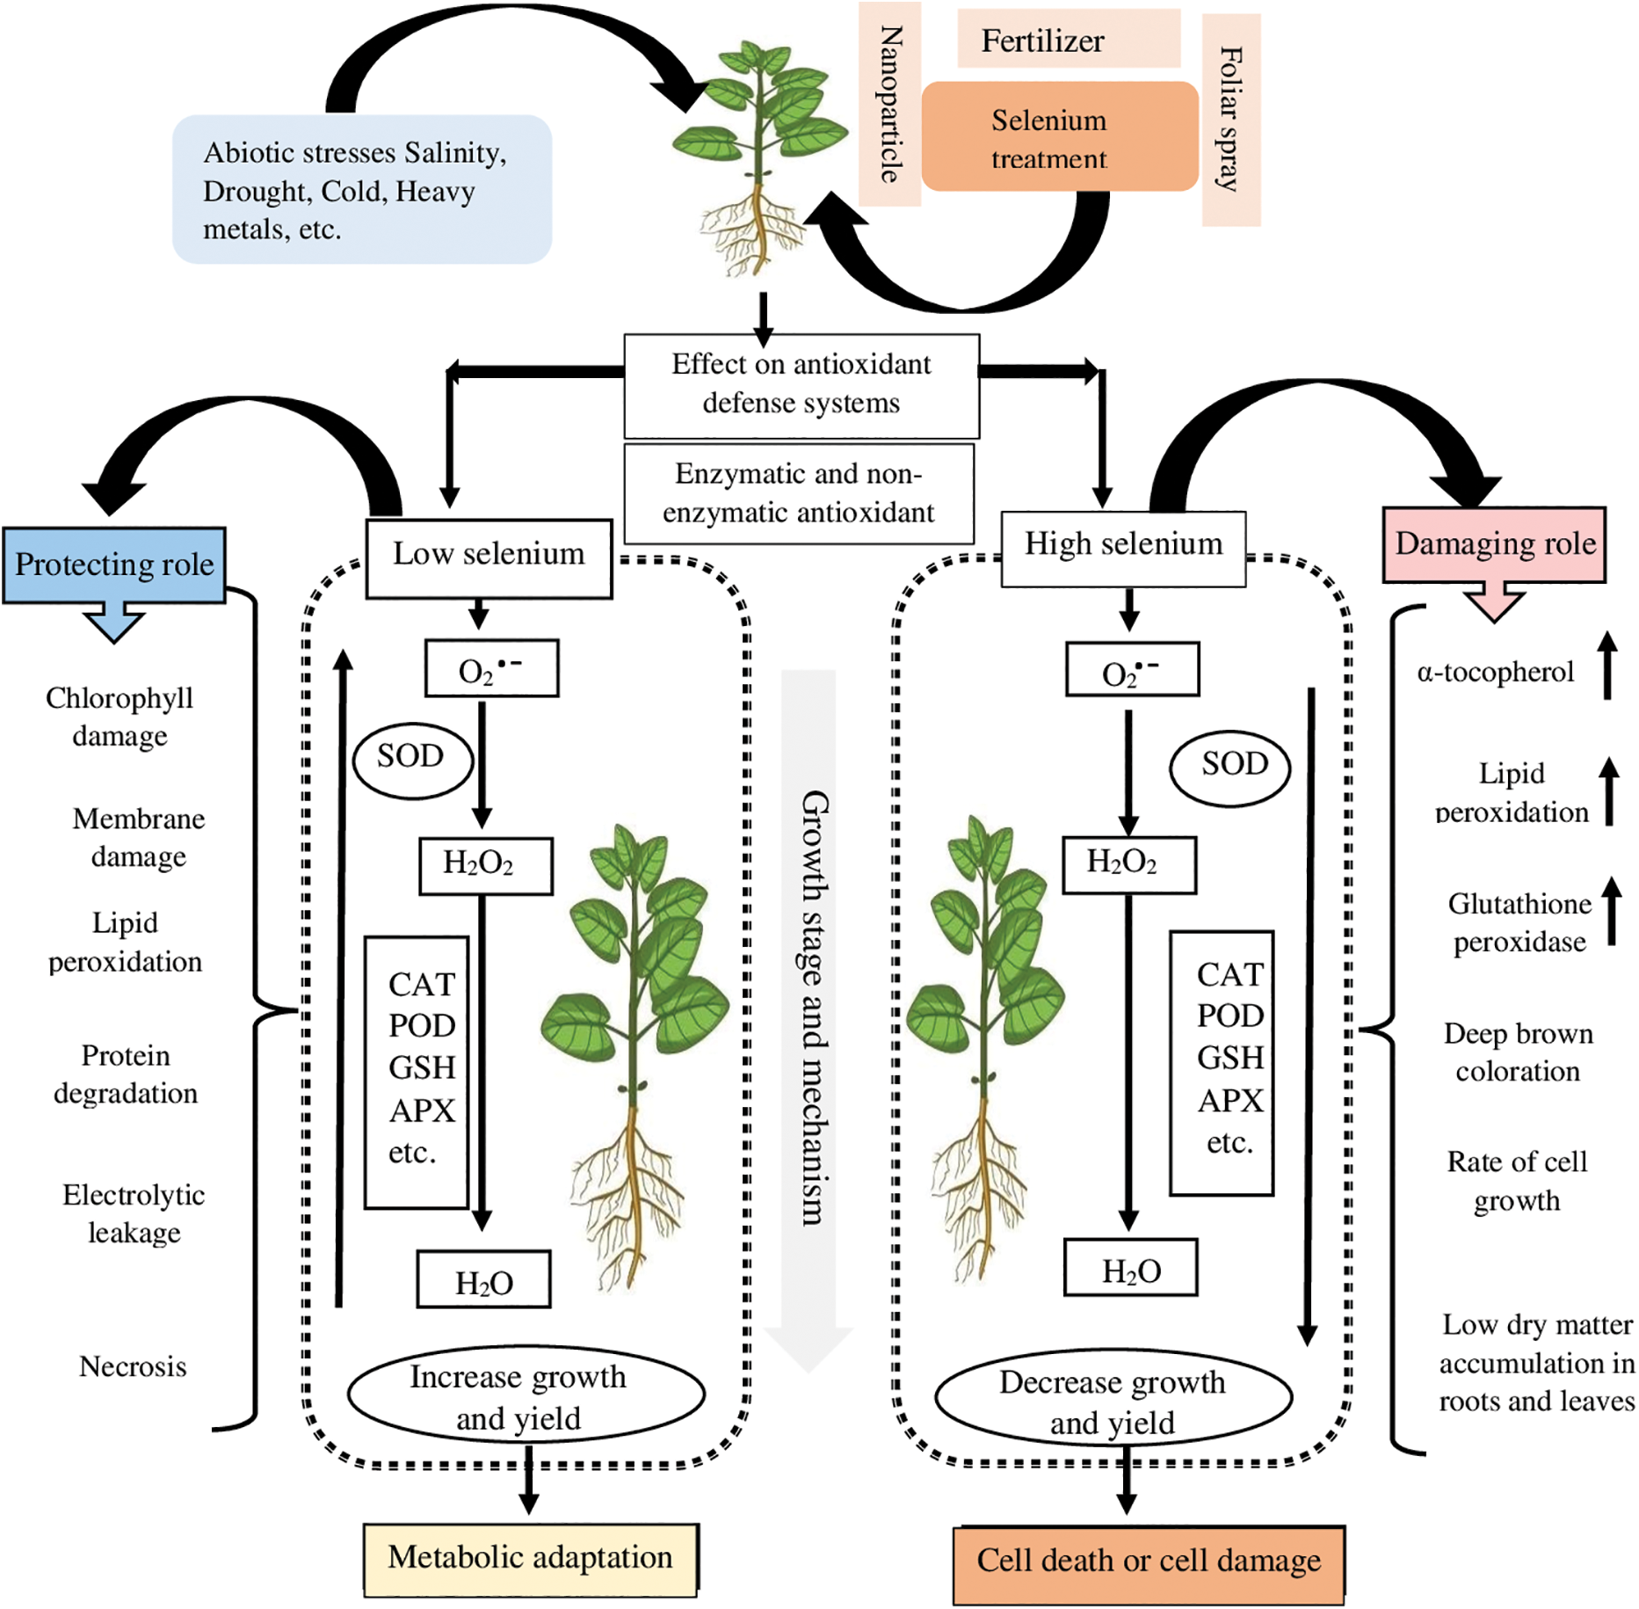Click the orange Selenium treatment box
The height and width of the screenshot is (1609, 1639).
pyautogui.click(x=1059, y=137)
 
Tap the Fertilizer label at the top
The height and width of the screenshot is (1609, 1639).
pyautogui.click(x=1068, y=40)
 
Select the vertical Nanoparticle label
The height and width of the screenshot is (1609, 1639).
pyautogui.click(x=889, y=104)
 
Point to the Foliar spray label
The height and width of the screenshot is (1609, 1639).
pyautogui.click(x=1230, y=120)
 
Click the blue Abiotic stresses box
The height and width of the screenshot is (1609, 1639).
pyautogui.click(x=361, y=189)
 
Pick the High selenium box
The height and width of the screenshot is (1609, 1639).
pyautogui.click(x=1123, y=548)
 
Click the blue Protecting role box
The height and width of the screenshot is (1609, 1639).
pyautogui.click(x=114, y=564)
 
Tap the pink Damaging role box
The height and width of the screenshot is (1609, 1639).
pyautogui.click(x=1494, y=544)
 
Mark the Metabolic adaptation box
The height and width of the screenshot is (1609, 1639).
pyautogui.click(x=530, y=1559)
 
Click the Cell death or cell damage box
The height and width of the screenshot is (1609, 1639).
pyautogui.click(x=1148, y=1563)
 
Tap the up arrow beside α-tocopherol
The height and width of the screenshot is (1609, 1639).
pyautogui.click(x=1606, y=666)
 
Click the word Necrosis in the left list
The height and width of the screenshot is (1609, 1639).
pyautogui.click(x=133, y=1367)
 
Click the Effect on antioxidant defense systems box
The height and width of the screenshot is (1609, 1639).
pyautogui.click(x=801, y=385)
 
